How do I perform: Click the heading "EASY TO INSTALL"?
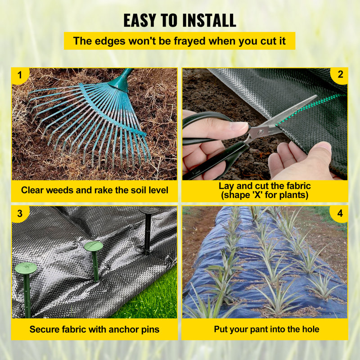click(180, 20)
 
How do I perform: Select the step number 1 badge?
click(19, 75)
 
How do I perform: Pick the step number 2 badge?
click(340, 75)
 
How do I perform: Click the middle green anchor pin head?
click(94, 246)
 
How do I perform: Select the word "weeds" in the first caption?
click(59, 190)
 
